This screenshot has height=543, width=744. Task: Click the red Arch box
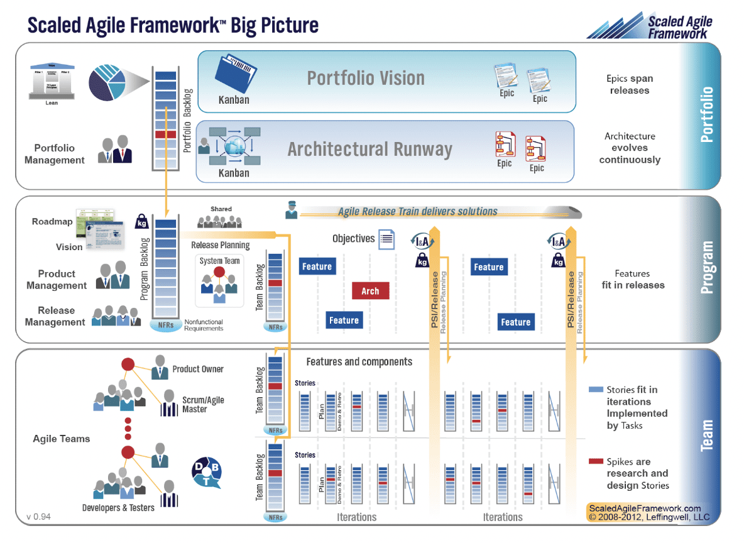370,290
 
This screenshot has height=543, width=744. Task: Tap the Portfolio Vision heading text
366,79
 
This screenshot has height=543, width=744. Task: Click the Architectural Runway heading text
369,150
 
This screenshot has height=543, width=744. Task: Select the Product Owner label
198,370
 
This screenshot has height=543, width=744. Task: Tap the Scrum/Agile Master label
203,405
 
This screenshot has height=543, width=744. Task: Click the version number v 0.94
38,517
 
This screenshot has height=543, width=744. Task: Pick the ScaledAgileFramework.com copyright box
648,513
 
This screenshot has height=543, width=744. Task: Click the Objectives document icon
386,239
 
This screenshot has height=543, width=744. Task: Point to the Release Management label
56,316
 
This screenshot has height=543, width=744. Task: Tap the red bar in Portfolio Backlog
165,134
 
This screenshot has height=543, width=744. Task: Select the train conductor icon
291,210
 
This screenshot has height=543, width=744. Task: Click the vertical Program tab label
706,267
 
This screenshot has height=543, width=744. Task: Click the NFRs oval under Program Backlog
165,325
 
